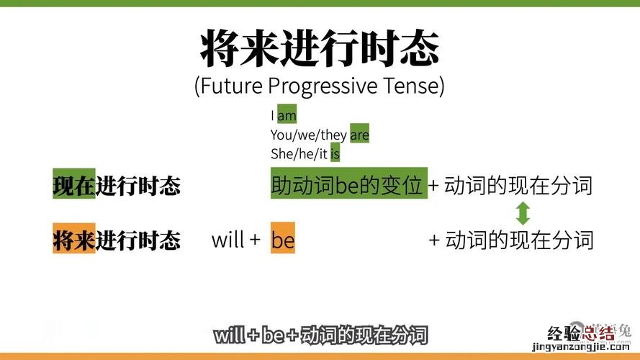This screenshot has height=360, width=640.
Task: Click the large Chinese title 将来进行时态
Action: point(320,48)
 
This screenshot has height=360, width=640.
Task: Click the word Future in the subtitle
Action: point(231,86)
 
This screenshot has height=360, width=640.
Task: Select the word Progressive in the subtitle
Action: point(323,86)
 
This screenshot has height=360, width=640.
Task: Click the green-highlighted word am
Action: point(287,115)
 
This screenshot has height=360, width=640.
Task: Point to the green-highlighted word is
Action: point(335,153)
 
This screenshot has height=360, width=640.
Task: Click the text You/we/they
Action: point(309,135)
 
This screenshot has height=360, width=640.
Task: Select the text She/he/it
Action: point(299,154)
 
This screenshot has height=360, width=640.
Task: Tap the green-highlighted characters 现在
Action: point(74,184)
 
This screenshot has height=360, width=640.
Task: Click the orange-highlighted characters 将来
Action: point(74,238)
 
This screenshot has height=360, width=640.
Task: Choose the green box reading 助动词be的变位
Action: point(349,184)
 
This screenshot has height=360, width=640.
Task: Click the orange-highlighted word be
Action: point(282,238)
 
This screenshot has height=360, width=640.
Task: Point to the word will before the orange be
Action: point(227,239)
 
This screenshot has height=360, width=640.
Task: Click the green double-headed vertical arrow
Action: point(523,213)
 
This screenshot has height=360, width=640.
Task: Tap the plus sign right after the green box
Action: point(433,186)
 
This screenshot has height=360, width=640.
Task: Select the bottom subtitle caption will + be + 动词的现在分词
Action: point(320,335)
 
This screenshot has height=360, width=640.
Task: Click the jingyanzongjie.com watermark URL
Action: point(581,347)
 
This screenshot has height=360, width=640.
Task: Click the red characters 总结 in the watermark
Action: point(598,333)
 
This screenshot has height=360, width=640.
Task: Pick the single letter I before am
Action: point(272,115)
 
